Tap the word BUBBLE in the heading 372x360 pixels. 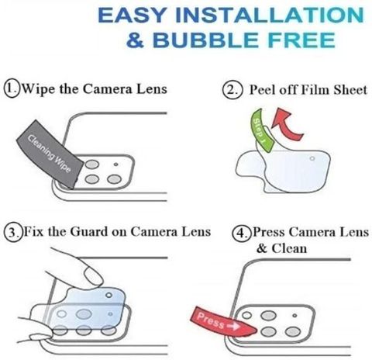205,40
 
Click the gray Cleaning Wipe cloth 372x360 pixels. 50,154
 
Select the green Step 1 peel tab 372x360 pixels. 261,130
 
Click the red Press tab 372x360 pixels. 222,322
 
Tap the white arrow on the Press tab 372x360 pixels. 233,327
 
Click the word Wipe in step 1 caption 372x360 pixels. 39,89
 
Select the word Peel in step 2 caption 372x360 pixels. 263,90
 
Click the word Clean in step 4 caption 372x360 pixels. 289,248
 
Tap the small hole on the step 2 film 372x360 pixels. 312,158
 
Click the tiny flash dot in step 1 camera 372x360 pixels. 116,164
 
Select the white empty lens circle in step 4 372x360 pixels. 247,315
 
